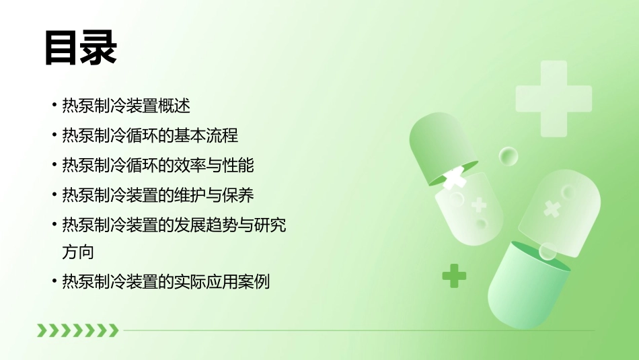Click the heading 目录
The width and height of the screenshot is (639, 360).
81,48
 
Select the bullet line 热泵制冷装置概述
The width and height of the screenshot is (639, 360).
126,106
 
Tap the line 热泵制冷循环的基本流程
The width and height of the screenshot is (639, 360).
149,135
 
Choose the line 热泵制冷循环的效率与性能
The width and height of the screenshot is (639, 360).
157,165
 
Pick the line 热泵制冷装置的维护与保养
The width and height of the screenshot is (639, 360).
157,195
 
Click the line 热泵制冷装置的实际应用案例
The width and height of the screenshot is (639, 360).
165,282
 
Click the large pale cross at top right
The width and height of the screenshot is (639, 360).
553,98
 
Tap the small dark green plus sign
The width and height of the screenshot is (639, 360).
454,275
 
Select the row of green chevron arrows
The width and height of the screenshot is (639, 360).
77,330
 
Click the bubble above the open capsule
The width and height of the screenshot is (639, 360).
509,157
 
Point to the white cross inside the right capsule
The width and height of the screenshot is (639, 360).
552,208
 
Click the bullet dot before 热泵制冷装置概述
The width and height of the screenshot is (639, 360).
54,106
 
